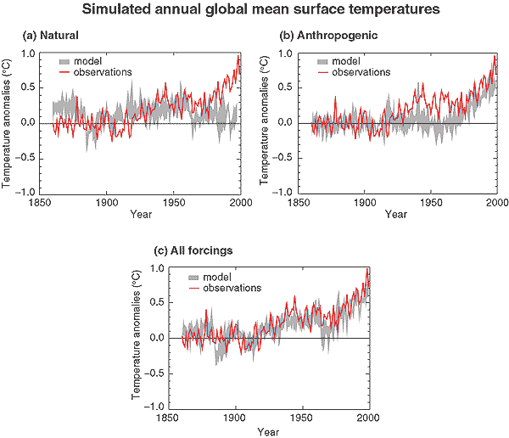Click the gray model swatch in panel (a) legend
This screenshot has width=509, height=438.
point(67,60)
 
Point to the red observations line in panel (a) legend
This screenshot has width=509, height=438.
point(67,72)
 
